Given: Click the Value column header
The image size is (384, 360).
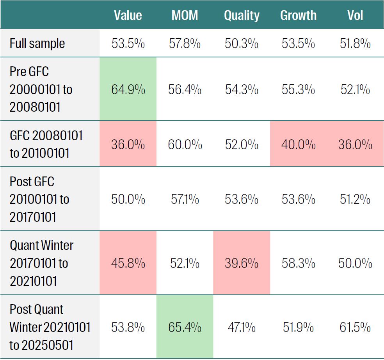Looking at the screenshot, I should click(128, 15).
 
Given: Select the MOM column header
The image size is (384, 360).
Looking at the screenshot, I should click(185, 15).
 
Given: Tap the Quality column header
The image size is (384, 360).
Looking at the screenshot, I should click(242, 15).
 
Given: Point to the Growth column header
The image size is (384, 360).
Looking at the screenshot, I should click(298, 15).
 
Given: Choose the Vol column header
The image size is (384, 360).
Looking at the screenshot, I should click(355, 15).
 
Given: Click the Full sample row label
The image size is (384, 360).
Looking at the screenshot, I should click(37, 43).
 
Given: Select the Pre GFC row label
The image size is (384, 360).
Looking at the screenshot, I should click(41, 89).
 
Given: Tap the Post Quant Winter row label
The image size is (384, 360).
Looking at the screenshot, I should click(50, 327).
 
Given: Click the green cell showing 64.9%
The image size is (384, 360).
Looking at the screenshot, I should click(128, 89).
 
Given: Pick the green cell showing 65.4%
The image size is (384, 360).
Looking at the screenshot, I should click(185, 327).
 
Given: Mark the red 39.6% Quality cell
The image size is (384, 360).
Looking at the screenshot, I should click(242, 263).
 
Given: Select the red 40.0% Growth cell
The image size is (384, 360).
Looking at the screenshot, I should click(298, 145).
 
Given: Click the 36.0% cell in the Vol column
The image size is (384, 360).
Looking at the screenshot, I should click(355, 145).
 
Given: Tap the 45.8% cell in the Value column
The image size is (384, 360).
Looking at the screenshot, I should click(128, 263).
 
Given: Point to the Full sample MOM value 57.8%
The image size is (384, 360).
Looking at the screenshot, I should click(185, 43).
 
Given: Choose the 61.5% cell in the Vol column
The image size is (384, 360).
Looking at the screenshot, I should click(355, 327).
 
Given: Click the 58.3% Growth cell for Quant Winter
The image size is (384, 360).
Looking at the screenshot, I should click(298, 263).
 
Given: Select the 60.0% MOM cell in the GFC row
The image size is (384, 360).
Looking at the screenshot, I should click(185, 145).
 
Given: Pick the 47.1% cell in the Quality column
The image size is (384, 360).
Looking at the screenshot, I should click(242, 327).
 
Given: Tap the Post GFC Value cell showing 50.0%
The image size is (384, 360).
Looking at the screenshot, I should click(128, 200).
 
